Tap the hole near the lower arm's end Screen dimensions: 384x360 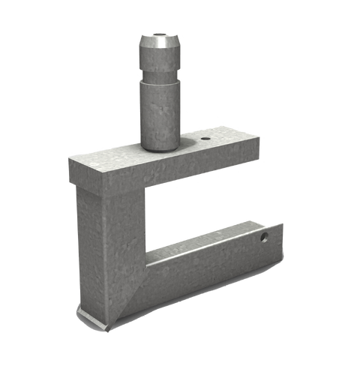tap(263, 237)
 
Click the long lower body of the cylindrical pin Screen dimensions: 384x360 tap(158, 112)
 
